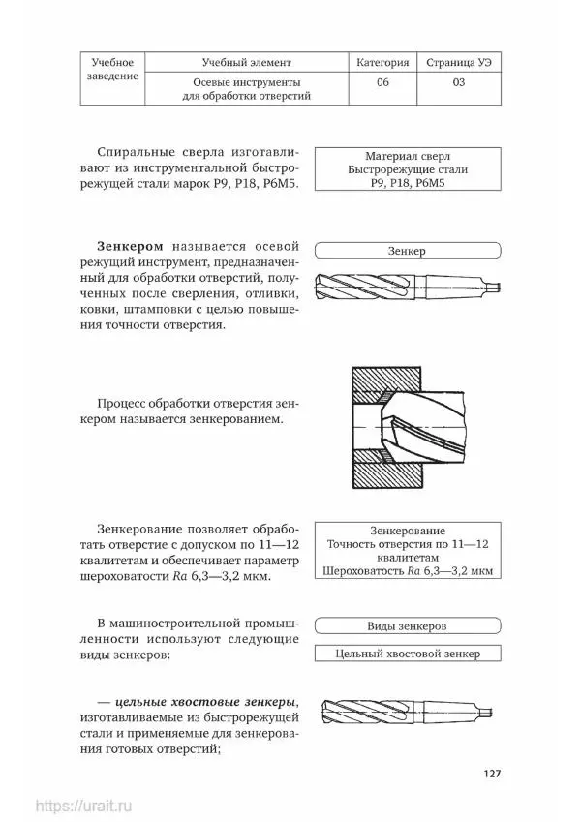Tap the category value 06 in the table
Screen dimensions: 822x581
(382, 83)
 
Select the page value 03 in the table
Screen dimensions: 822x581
(458, 83)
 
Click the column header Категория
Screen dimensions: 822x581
(382, 62)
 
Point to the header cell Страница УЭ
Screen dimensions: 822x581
(458, 62)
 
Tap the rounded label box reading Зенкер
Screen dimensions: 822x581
(407, 251)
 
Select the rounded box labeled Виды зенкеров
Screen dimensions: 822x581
(407, 626)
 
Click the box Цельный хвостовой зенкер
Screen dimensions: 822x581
(407, 654)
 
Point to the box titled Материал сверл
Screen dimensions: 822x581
(407, 168)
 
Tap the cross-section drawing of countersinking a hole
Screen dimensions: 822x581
(406, 425)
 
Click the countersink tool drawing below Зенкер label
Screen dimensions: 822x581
(407, 285)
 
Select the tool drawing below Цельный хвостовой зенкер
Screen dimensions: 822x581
(407, 712)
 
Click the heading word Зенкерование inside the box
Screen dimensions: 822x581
(407, 531)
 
